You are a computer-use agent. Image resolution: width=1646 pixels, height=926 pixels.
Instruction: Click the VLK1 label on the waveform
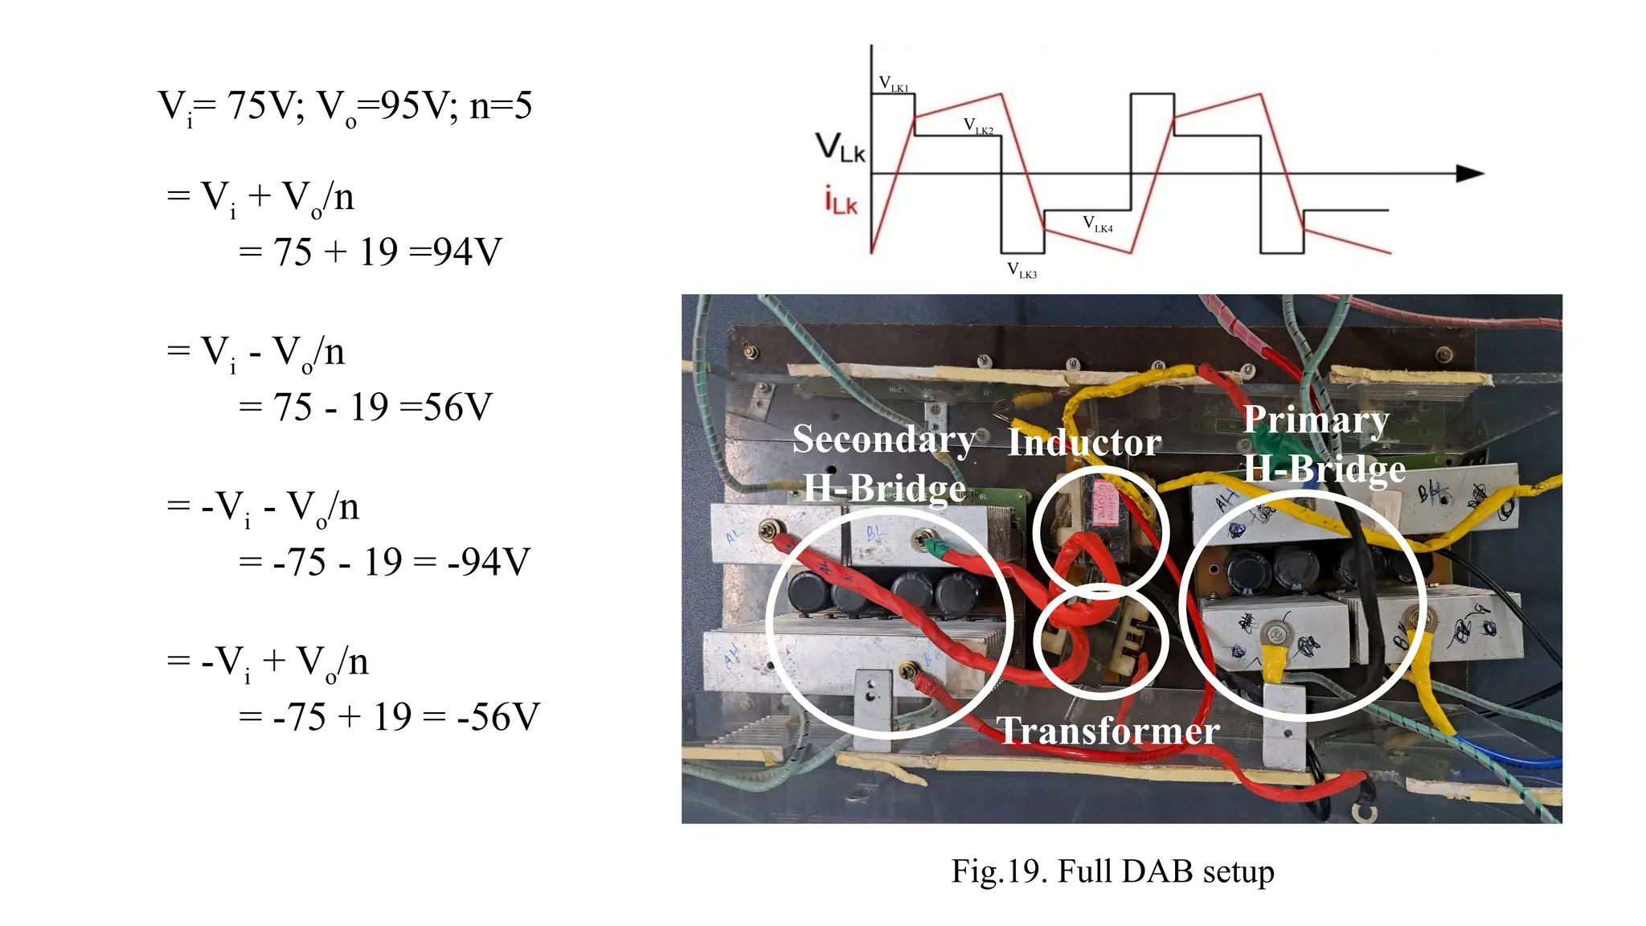894,84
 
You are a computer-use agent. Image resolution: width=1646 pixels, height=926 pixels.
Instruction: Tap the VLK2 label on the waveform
978,126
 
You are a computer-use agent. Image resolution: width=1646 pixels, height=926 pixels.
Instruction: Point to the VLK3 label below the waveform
1022,271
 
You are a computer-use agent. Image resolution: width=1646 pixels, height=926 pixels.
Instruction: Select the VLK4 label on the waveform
1097,224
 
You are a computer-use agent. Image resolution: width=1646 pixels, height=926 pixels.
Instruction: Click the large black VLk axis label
841,148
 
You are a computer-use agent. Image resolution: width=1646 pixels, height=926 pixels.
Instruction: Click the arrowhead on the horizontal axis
1470,173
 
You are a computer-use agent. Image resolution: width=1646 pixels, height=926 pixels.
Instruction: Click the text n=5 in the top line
500,105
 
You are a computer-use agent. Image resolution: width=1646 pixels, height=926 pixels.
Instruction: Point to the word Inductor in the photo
1084,442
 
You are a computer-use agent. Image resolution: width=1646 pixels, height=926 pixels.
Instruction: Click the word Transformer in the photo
1108,731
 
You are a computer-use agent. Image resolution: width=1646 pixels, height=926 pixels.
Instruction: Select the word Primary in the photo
1316,420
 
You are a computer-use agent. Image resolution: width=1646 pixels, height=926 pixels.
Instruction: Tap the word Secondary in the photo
883,439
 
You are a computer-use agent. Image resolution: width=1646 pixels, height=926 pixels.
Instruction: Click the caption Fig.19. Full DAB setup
1112,871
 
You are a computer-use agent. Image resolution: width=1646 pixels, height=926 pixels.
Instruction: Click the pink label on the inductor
1103,503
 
